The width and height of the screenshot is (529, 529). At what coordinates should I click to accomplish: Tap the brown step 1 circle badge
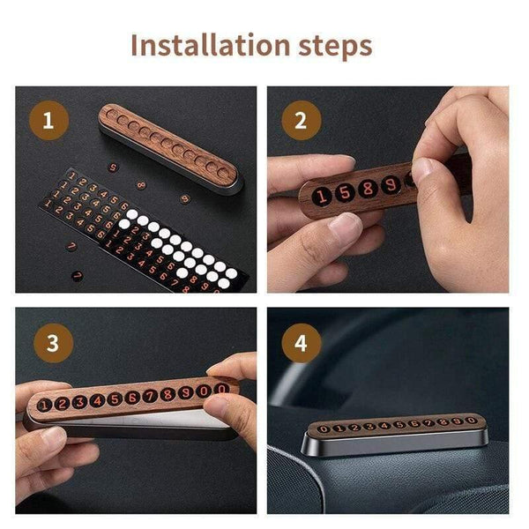(x=49, y=122)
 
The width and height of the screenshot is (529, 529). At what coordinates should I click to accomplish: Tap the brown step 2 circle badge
(x=301, y=122)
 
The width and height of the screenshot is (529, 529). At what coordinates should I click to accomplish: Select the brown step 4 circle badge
(x=301, y=341)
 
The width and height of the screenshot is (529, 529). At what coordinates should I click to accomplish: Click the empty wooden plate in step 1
(x=168, y=144)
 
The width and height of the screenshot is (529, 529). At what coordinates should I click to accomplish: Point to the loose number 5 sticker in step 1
(x=112, y=167)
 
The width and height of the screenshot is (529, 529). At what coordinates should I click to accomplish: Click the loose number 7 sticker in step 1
(x=77, y=275)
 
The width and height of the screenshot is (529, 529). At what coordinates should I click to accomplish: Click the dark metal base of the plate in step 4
(x=388, y=443)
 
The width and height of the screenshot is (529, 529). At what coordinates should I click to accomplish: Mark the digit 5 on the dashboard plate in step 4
(x=398, y=425)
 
